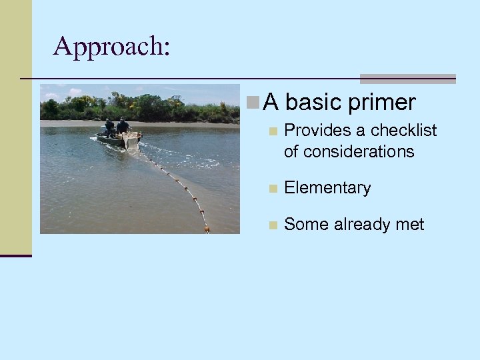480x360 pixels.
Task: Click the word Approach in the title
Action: point(110,47)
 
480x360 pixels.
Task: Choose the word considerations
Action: point(349,152)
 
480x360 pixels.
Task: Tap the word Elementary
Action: point(327,188)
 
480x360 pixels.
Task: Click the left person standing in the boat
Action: point(109,127)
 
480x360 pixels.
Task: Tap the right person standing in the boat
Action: point(123,126)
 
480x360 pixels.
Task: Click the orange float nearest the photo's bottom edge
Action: point(207,229)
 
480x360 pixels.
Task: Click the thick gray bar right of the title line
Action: point(407,79)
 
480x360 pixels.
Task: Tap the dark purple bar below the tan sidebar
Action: point(15,255)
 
